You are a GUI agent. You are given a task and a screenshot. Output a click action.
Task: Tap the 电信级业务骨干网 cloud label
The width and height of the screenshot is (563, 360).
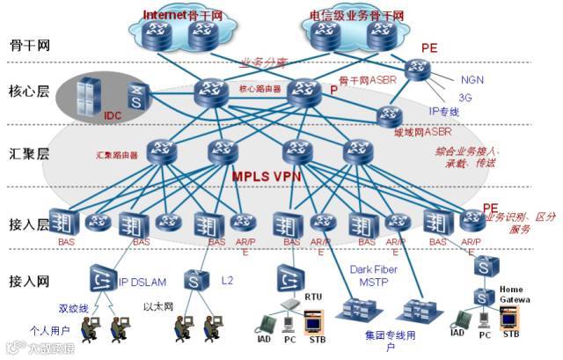(357, 16)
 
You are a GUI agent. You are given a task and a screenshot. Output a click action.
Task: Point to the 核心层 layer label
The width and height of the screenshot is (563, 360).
(26, 91)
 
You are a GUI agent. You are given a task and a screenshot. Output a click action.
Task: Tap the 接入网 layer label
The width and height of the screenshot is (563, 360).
(26, 282)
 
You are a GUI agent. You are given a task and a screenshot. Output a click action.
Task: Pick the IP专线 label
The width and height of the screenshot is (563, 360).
(444, 113)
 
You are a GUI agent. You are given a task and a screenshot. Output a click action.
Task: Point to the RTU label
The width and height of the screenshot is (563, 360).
(314, 297)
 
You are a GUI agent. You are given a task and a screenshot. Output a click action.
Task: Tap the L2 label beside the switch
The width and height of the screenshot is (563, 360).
(227, 280)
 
